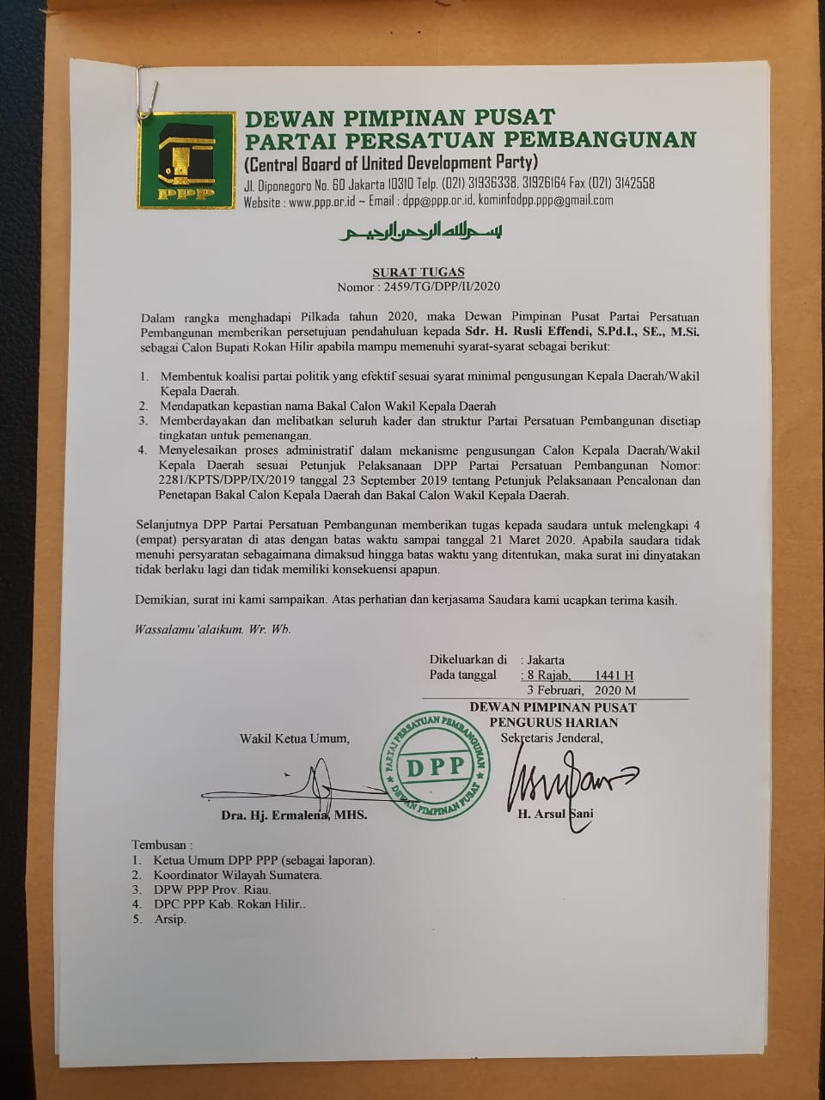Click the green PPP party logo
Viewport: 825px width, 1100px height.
[186, 160]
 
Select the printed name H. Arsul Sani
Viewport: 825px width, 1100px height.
[555, 814]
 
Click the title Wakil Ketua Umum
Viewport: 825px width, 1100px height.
[295, 738]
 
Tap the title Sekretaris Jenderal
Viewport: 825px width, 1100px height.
[547, 737]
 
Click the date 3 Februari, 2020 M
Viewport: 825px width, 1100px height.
[582, 690]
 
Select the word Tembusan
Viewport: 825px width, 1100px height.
[162, 845]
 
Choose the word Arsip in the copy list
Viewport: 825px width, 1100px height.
[170, 919]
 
